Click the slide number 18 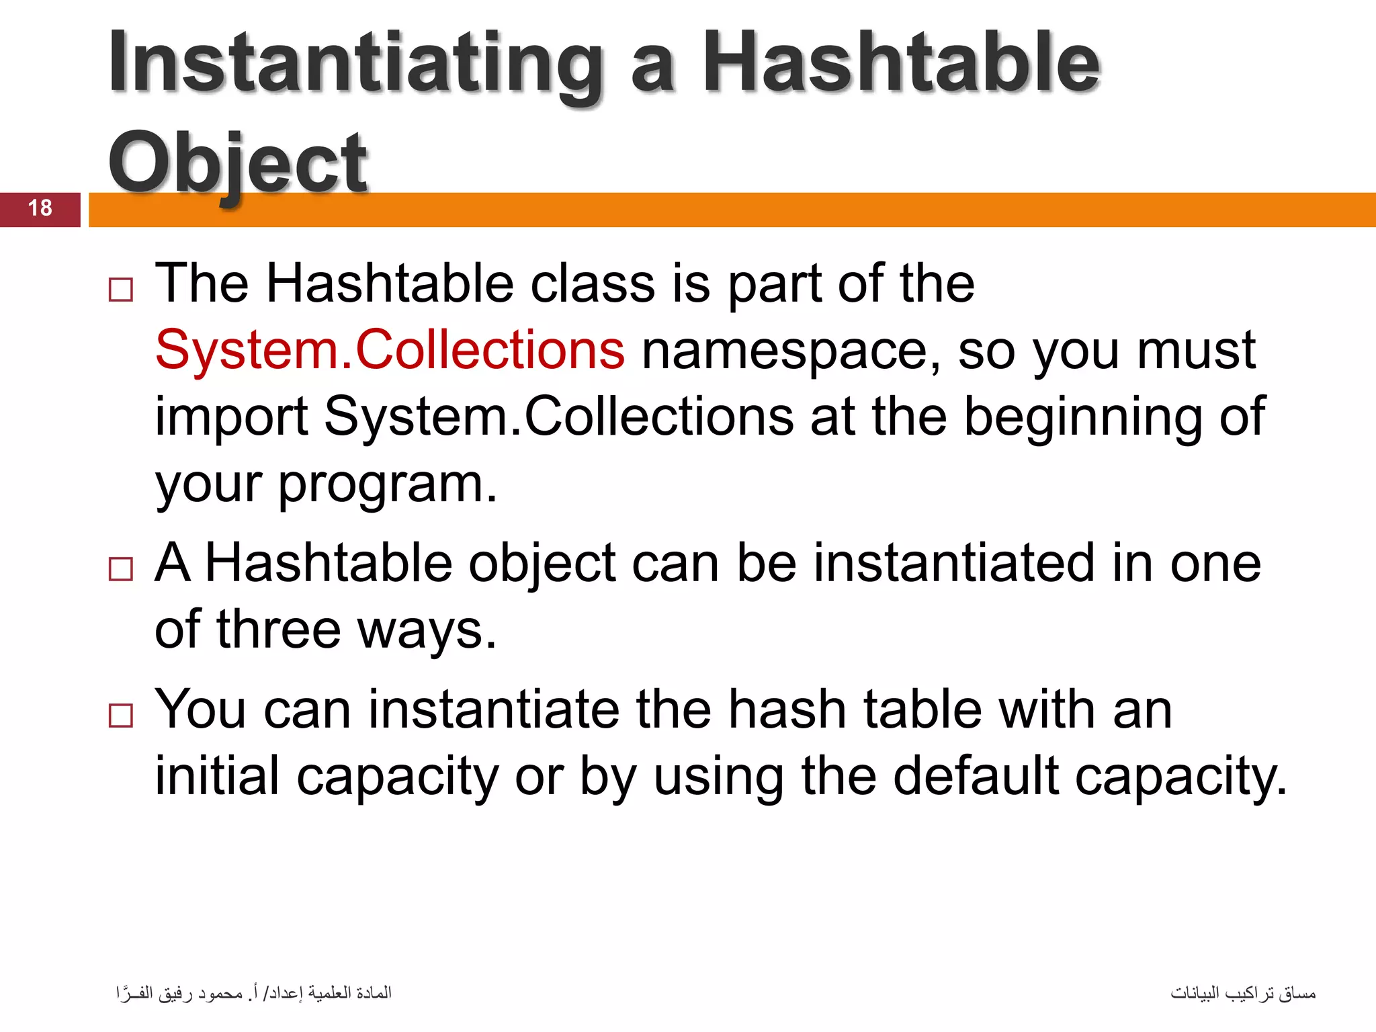pyautogui.click(x=40, y=208)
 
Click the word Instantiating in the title pyautogui.click(x=356, y=64)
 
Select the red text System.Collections pyautogui.click(x=390, y=350)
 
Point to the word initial pyautogui.click(x=217, y=776)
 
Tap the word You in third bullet pyautogui.click(x=200, y=709)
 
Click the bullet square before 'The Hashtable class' pyautogui.click(x=121, y=290)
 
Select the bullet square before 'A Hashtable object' pyautogui.click(x=121, y=569)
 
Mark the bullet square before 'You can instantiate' pyautogui.click(x=121, y=716)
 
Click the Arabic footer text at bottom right pyautogui.click(x=1243, y=993)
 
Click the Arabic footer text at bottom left pyautogui.click(x=254, y=993)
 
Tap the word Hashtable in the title pyautogui.click(x=900, y=64)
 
